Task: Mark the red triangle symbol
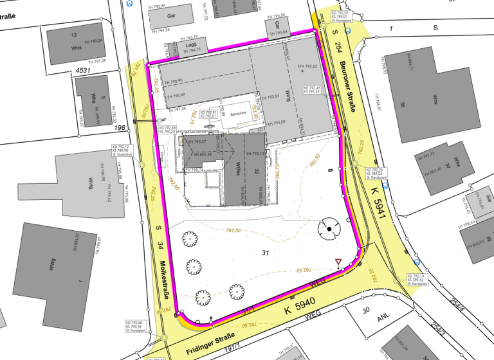pyautogui.click(x=338, y=262)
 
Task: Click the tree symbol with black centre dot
pyautogui.click(x=329, y=228)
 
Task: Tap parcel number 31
pyautogui.click(x=265, y=251)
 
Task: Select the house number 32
pyautogui.click(x=255, y=172)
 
